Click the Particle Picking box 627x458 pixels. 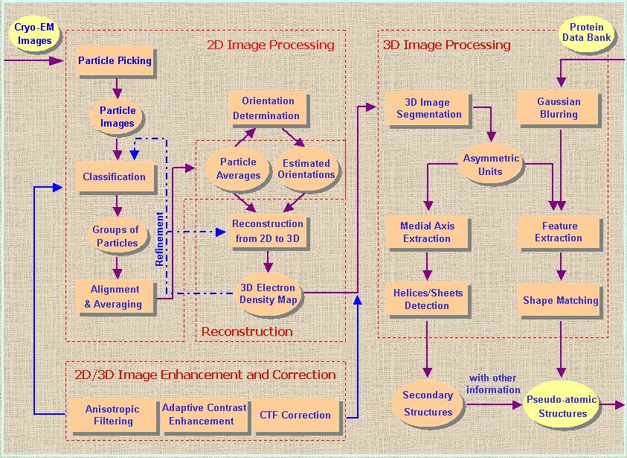click(115, 60)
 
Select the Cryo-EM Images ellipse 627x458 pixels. click(34, 34)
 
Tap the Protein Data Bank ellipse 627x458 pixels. click(586, 34)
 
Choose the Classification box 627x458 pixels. click(115, 176)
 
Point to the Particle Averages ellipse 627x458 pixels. click(237, 168)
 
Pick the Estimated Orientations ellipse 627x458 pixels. click(306, 168)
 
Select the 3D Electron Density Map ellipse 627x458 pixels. click(267, 293)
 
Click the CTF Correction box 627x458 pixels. click(295, 415)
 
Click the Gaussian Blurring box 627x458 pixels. click(559, 108)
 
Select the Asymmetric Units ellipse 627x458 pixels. click(491, 165)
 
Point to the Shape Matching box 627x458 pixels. click(560, 300)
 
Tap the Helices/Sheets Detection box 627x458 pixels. click(427, 299)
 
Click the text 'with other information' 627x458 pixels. click(493, 384)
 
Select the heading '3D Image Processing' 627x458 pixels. click(446, 45)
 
